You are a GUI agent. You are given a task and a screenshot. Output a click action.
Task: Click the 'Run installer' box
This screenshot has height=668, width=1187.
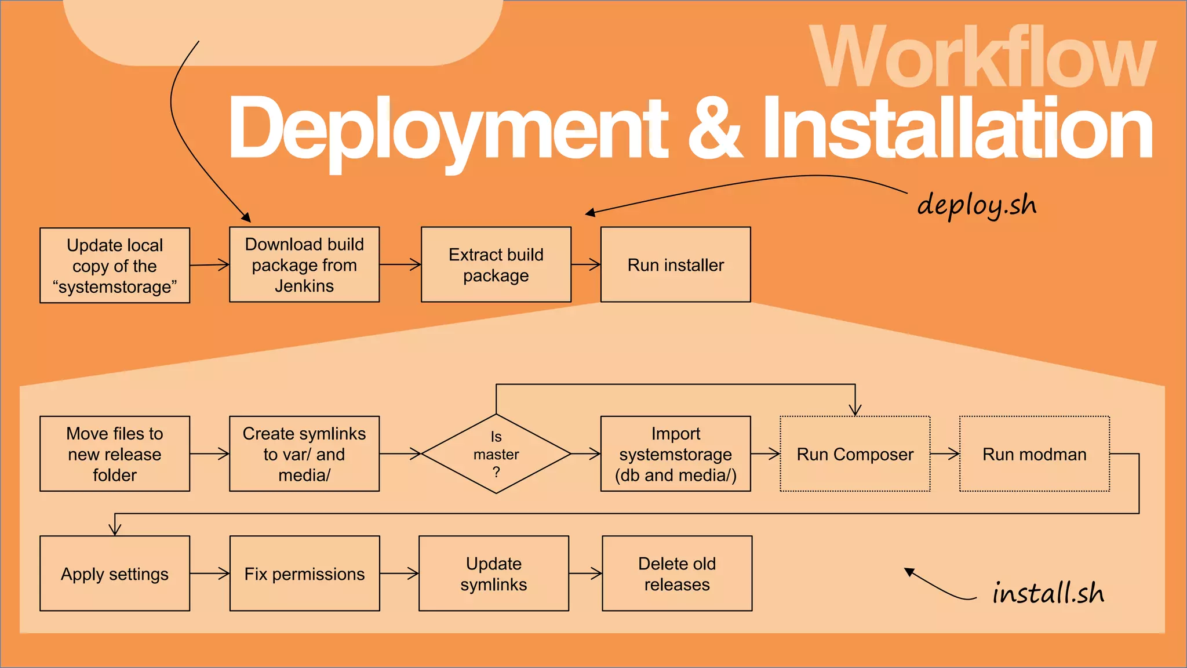675,265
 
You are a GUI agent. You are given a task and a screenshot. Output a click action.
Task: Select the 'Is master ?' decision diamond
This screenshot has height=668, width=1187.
496,454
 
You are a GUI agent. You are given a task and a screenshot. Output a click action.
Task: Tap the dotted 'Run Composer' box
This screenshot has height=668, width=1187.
855,454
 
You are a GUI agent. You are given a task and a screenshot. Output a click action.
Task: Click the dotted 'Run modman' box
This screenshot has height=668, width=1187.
1034,454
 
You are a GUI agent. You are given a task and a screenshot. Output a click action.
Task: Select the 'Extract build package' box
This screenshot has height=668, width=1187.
496,265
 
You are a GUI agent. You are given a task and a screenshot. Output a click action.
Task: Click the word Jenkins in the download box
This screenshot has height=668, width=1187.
304,286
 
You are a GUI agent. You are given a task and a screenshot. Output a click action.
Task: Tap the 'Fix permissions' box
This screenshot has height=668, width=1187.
304,573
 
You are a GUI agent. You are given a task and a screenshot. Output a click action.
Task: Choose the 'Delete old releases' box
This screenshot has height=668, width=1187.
677,573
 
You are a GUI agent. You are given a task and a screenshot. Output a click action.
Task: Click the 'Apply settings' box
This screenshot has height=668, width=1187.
115,573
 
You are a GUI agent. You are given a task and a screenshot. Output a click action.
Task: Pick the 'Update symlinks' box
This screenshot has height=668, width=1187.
494,573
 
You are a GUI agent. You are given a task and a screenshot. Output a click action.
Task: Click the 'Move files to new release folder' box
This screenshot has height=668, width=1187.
115,454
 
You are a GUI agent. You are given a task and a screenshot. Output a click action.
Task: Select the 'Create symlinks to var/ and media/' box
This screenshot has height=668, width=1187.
304,454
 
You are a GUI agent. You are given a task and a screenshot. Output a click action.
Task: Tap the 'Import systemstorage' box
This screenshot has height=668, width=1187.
675,454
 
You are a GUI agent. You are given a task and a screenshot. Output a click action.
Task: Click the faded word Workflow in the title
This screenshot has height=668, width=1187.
982,58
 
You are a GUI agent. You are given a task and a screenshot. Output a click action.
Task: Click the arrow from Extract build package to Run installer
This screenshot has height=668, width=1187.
586,265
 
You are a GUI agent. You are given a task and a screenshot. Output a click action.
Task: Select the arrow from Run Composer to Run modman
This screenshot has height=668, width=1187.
945,454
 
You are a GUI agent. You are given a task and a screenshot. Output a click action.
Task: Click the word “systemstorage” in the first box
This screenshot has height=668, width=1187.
115,287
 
